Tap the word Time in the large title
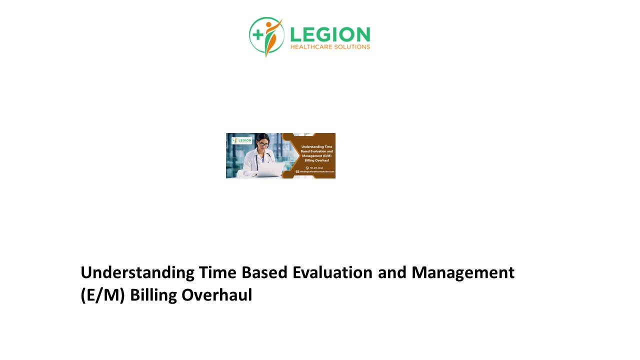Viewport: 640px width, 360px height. click(217, 272)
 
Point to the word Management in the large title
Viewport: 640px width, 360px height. click(463, 272)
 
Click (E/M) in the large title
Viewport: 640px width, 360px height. click(102, 295)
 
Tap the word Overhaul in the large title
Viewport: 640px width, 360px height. click(216, 295)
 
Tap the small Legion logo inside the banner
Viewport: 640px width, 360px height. click(242, 140)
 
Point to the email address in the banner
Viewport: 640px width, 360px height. click(315, 171)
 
